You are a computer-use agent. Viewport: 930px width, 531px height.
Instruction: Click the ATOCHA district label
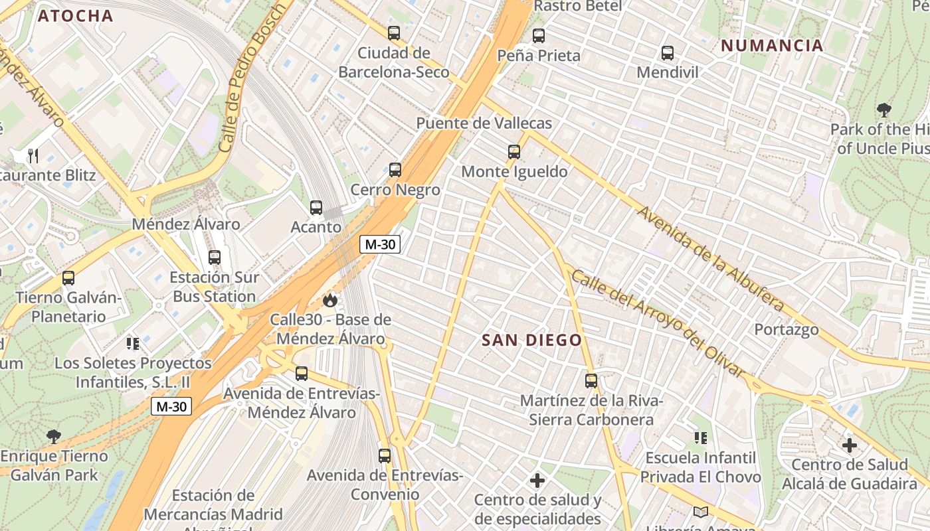(x=76, y=16)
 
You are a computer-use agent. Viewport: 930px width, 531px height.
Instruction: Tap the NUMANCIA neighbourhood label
(x=772, y=46)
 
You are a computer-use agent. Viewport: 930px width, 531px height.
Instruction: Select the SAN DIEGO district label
(x=531, y=341)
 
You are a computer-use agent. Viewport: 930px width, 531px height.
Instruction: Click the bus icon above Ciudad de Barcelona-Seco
(x=394, y=33)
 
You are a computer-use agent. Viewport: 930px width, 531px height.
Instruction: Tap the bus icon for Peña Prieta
(x=539, y=36)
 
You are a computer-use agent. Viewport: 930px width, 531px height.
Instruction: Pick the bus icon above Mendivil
(x=668, y=53)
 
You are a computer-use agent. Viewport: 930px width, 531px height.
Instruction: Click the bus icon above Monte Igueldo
(x=514, y=152)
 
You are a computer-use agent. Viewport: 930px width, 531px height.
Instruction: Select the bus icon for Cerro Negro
(x=395, y=170)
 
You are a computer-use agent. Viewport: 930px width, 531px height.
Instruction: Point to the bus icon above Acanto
(x=316, y=208)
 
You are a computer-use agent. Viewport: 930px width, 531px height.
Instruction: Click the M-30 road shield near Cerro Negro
(x=380, y=244)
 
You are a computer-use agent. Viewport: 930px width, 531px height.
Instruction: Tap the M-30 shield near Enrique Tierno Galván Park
(x=171, y=406)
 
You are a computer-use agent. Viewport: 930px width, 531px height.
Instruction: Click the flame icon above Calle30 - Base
(x=330, y=300)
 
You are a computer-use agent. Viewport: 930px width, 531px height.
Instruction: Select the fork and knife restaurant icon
(x=33, y=156)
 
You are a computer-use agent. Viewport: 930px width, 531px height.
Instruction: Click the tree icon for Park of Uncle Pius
(x=883, y=110)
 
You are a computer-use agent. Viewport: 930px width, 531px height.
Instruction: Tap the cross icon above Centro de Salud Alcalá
(x=850, y=445)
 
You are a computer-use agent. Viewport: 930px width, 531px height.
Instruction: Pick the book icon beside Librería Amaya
(x=700, y=512)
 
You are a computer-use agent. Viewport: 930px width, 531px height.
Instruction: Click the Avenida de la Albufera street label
(x=710, y=260)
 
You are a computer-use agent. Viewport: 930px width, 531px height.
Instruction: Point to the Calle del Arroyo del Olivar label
(x=658, y=323)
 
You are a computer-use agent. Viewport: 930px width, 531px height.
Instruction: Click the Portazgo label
(x=786, y=329)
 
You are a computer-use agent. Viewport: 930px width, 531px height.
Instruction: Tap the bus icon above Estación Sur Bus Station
(x=215, y=258)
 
